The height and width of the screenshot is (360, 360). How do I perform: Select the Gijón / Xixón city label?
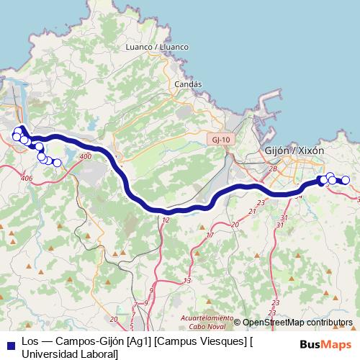[295, 151]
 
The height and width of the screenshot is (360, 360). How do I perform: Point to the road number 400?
[86, 156]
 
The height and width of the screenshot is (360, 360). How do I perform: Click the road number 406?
[27, 178]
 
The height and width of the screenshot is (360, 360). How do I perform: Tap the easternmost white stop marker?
[346, 180]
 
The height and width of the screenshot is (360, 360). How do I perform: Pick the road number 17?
[210, 235]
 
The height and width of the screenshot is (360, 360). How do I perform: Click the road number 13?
[188, 280]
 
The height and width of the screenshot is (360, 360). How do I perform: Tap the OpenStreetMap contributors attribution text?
[297, 323]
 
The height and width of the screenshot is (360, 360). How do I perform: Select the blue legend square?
[10, 343]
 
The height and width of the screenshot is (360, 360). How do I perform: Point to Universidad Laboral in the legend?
[70, 354]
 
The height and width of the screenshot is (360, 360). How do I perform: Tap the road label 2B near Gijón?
[273, 168]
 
